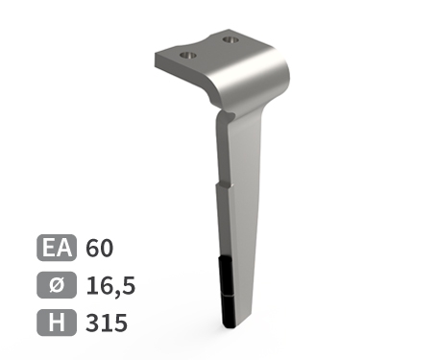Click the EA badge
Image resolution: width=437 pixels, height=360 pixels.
pyautogui.click(x=57, y=248)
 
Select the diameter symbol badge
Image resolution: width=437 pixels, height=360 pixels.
pyautogui.click(x=57, y=285)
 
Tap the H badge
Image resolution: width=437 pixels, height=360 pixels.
pyautogui.click(x=57, y=323)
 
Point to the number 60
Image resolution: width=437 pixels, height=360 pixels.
pyautogui.click(x=100, y=248)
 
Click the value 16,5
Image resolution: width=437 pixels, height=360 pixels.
pyautogui.click(x=110, y=286)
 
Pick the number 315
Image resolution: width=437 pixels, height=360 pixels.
pyautogui.click(x=107, y=323)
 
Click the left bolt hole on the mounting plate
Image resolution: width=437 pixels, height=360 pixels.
pyautogui.click(x=188, y=55)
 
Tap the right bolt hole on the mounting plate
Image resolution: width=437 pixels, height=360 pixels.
pyautogui.click(x=231, y=40)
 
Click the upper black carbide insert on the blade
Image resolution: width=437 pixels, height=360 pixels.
pyautogui.click(x=227, y=275)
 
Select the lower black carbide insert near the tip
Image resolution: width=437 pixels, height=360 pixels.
pyautogui.click(x=228, y=311)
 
